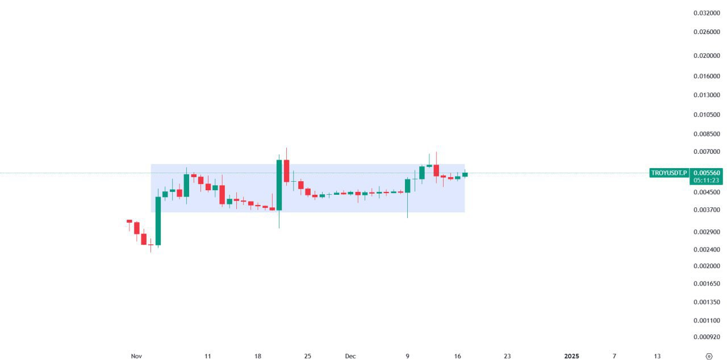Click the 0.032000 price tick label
[707, 12]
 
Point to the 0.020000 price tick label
[707, 56]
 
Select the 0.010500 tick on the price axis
[707, 114]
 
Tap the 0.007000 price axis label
[707, 152]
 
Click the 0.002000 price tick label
[707, 266]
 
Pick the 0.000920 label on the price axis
[707, 337]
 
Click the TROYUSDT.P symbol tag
[668, 173]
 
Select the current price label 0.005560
[707, 173]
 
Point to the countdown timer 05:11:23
[707, 180]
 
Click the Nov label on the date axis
[136, 356]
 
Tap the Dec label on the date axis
[350, 356]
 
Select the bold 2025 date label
[571, 356]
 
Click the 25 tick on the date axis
[307, 356]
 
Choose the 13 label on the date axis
[657, 356]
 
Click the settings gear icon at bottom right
[708, 356]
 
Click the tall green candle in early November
[158, 221]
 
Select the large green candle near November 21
[279, 185]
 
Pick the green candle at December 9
[408, 186]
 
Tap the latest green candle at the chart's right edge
[465, 174]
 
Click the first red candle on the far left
[129, 221]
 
